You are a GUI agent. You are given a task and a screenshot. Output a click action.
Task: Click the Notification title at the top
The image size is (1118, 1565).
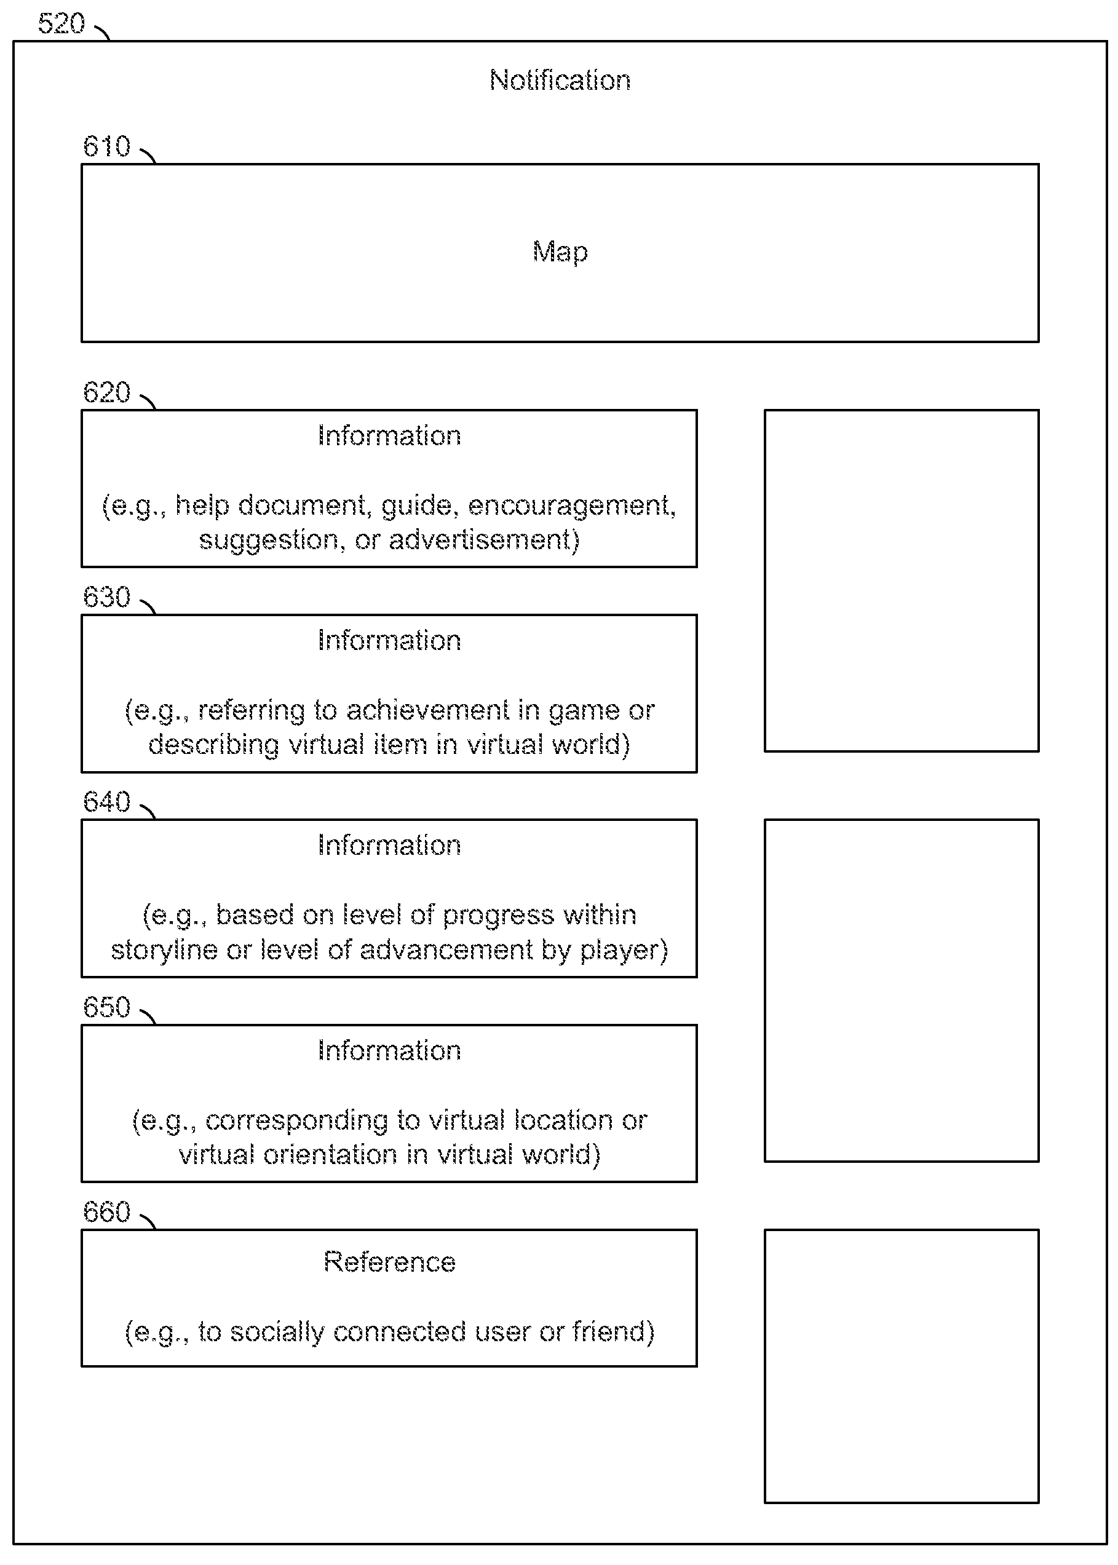point(560,81)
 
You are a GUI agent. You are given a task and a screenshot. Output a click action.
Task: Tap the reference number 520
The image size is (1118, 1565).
point(61,24)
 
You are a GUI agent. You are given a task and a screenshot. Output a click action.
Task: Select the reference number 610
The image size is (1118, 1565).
point(107,146)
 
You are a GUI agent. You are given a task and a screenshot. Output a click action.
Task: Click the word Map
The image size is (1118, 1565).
point(560,252)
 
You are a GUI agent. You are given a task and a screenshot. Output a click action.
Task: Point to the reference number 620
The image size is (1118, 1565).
point(107,392)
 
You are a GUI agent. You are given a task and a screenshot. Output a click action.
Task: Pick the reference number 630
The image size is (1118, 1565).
point(107,597)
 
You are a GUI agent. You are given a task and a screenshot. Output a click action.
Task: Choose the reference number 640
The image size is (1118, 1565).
point(107,802)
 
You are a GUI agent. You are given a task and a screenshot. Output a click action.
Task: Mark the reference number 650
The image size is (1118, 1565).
point(107,1007)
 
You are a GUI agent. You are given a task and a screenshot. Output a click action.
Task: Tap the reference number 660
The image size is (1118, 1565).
point(107,1212)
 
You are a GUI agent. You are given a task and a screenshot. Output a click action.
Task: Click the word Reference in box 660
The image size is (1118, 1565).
point(390,1262)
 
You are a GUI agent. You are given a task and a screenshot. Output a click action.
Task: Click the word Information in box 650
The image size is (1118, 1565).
point(390,1051)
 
